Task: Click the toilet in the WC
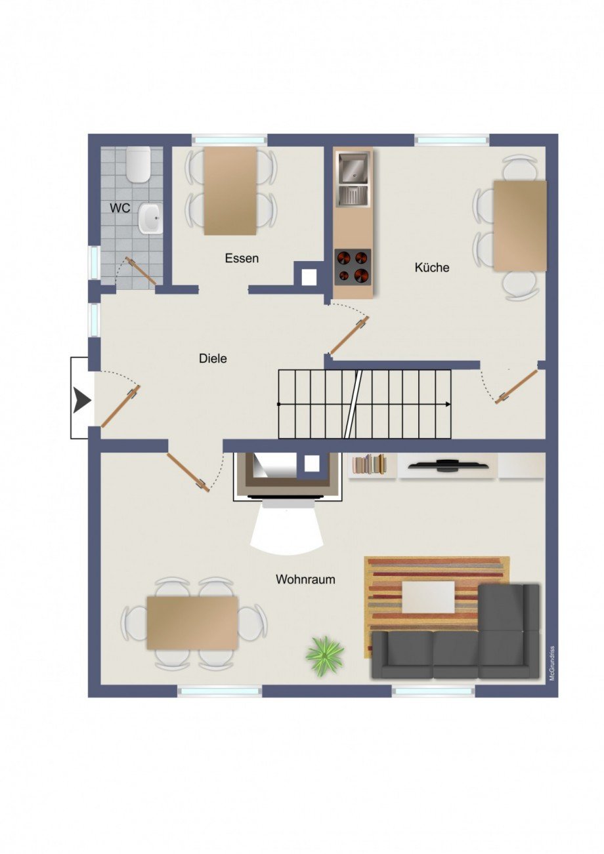pos(139,165)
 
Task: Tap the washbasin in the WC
pos(150,218)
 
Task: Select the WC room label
pos(120,208)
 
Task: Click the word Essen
pos(242,258)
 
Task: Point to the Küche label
pos(432,267)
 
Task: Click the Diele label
pos(213,358)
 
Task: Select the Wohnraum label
pos(305,579)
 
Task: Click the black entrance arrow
pos(82,399)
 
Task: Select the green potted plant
pos(324,654)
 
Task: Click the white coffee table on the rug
pos(429,597)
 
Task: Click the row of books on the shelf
pos(370,464)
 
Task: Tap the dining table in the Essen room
pos(230,190)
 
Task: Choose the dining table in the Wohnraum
pos(192,622)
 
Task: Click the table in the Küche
pos(520,226)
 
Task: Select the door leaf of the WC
pos(142,272)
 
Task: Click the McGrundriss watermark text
pos(552,663)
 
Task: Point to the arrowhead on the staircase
pos(447,403)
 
